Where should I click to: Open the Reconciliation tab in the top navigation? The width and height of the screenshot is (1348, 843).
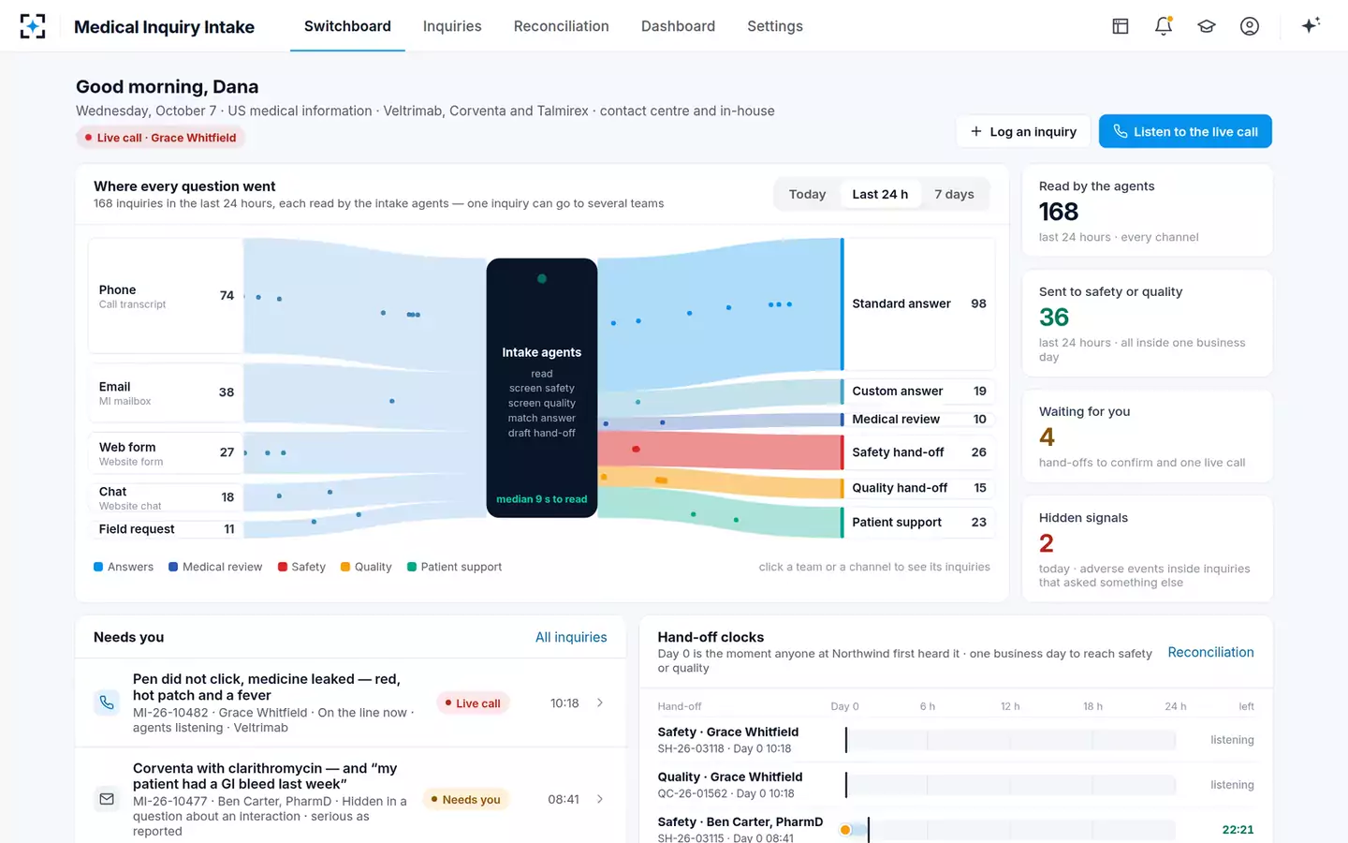click(561, 26)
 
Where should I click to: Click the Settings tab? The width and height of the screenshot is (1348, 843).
click(774, 26)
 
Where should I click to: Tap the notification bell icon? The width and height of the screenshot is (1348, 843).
click(1164, 26)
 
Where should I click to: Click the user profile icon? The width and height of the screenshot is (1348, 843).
click(1250, 26)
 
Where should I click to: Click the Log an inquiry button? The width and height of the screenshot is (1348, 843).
click(1023, 131)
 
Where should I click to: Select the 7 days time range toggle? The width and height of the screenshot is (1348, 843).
click(954, 194)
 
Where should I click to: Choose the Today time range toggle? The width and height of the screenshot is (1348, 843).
click(807, 194)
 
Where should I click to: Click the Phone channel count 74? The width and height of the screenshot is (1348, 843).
click(227, 296)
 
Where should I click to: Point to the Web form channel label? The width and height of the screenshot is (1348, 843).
click(127, 447)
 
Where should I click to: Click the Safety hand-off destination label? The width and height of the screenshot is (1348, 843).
click(898, 452)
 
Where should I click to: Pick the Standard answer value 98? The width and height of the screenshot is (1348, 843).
click(978, 303)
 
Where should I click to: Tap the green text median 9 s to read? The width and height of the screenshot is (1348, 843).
click(542, 499)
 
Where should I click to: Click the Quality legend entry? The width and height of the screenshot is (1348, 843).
click(366, 567)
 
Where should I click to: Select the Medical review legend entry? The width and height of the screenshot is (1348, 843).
click(215, 567)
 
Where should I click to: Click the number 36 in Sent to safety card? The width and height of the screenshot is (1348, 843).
click(1054, 318)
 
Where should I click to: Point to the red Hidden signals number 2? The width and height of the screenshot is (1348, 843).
click(1046, 543)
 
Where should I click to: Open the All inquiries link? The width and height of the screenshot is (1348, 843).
click(571, 637)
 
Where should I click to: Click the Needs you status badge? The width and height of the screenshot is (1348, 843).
click(466, 800)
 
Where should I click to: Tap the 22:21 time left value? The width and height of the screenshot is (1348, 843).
click(1238, 830)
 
